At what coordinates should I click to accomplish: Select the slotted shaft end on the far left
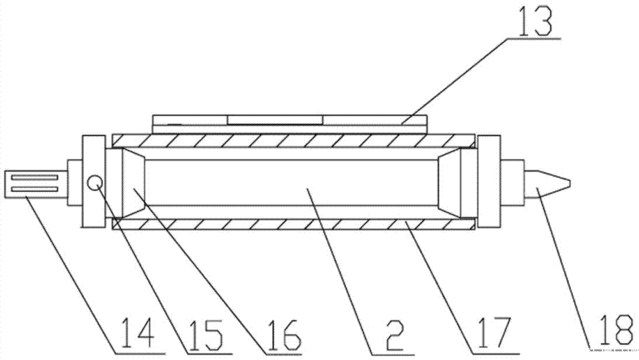point(32,184)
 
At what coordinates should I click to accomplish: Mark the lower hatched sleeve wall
point(293,223)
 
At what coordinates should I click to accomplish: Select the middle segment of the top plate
point(275,120)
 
